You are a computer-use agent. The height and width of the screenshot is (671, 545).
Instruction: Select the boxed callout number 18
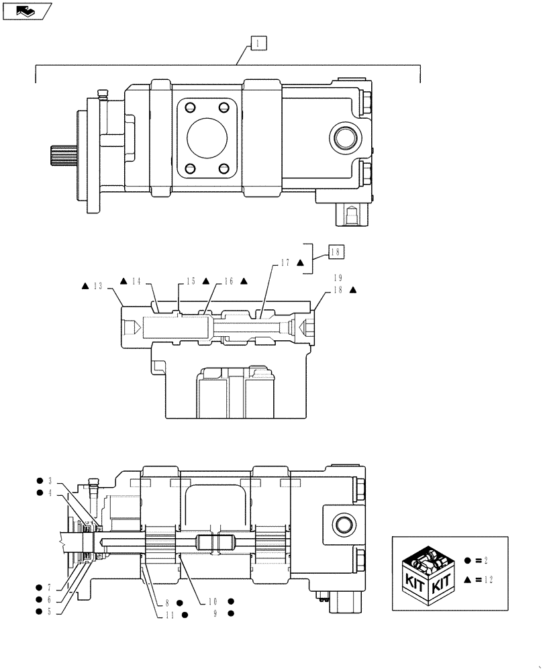336,252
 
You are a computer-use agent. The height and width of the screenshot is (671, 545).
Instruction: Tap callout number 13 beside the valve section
98,286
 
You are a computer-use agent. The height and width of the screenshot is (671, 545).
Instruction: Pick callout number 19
338,277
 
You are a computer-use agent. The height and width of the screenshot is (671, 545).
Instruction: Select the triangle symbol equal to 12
468,580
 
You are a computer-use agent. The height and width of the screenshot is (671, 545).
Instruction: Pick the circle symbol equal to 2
468,560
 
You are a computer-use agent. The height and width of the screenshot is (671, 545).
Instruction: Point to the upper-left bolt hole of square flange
190,108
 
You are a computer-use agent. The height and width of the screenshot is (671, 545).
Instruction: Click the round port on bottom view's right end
342,523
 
